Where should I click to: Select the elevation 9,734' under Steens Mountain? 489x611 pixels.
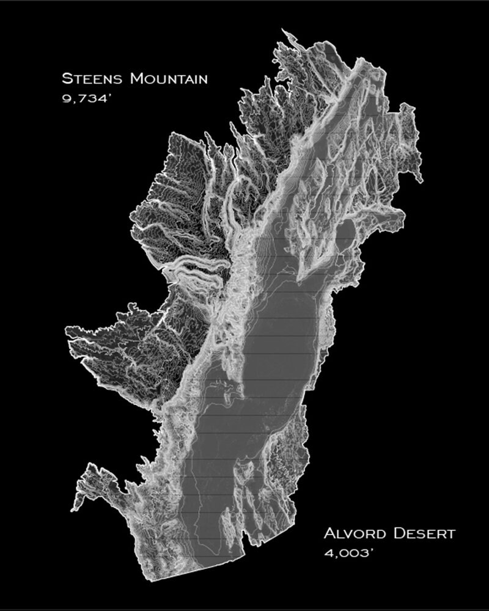pos(84,98)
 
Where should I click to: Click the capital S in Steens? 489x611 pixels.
pos(67,78)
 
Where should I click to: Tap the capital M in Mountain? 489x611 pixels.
pos(136,78)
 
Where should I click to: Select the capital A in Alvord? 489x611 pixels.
pos(329,533)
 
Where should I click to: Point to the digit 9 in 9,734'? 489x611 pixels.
pos(66,98)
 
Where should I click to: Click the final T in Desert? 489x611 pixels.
pos(451,535)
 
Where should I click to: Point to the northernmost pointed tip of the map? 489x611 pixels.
pos(282,29)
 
